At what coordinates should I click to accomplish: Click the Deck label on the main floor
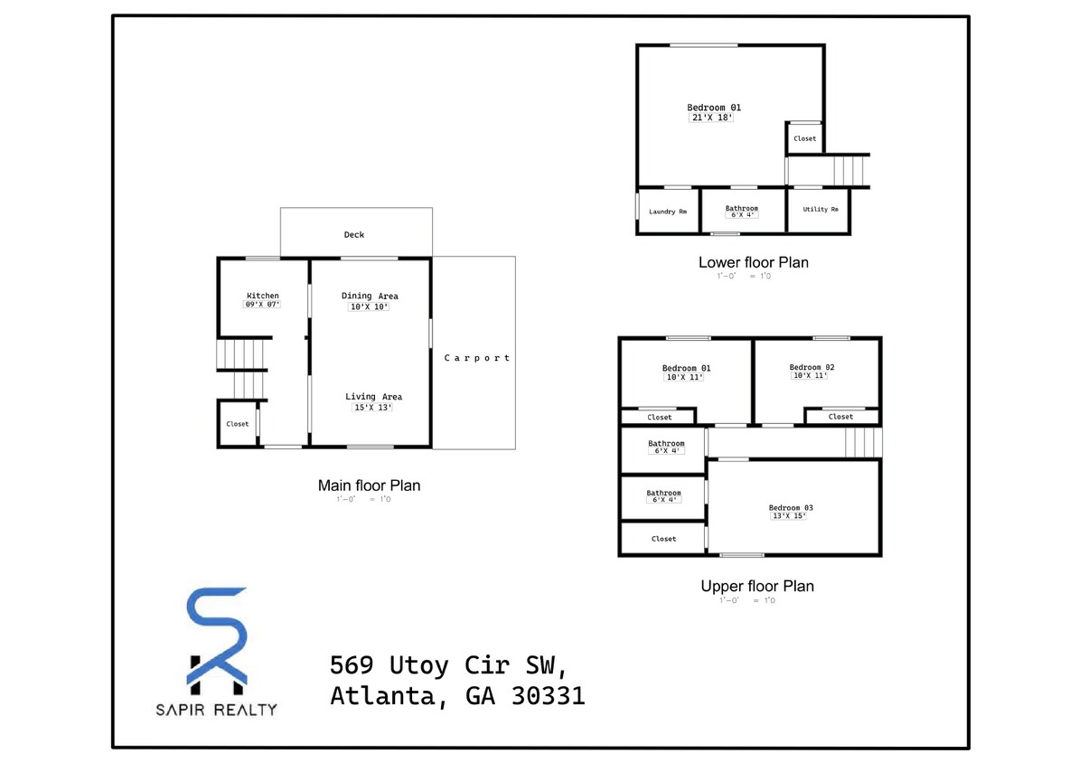tap(354, 235)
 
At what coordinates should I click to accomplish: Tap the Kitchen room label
tap(263, 296)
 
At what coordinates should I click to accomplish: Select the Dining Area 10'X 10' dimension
tap(370, 307)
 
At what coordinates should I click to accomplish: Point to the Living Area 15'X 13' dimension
tap(372, 408)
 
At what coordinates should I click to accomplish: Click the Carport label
tap(476, 358)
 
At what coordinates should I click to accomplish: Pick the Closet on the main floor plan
tap(238, 424)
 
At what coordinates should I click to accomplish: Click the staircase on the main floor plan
tap(243, 354)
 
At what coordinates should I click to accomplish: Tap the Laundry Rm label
tap(668, 212)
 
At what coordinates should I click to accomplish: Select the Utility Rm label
tap(821, 210)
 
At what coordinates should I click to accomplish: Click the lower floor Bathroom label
tap(742, 209)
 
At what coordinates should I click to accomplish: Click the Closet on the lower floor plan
tap(804, 139)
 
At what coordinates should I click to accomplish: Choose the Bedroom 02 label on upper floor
tap(812, 367)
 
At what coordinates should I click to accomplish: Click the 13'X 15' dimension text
tap(787, 516)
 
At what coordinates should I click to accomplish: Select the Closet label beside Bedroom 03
tap(663, 539)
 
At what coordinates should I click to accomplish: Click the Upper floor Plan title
tap(756, 586)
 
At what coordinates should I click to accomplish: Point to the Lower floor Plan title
tap(753, 262)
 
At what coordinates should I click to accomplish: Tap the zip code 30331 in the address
tap(547, 696)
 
